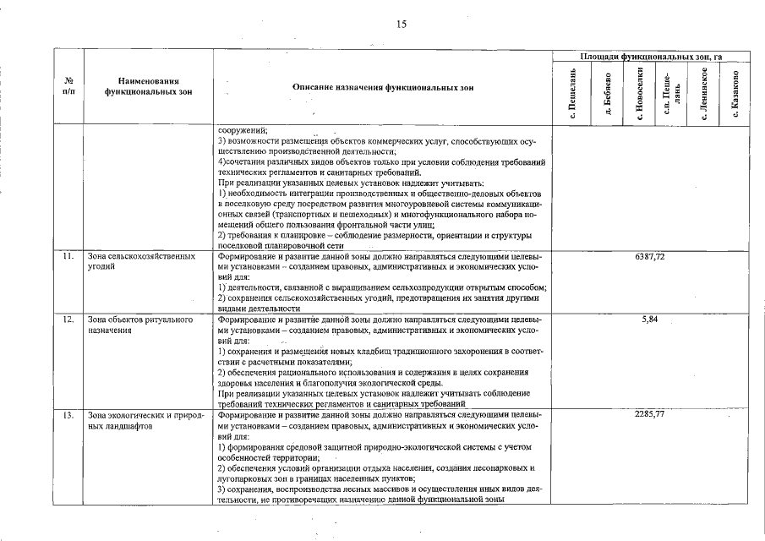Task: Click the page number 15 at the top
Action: point(401,25)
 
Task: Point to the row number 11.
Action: point(68,255)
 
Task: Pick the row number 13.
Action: point(68,415)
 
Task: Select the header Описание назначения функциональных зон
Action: point(383,86)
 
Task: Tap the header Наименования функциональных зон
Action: point(147,86)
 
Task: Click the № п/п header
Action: point(68,86)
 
